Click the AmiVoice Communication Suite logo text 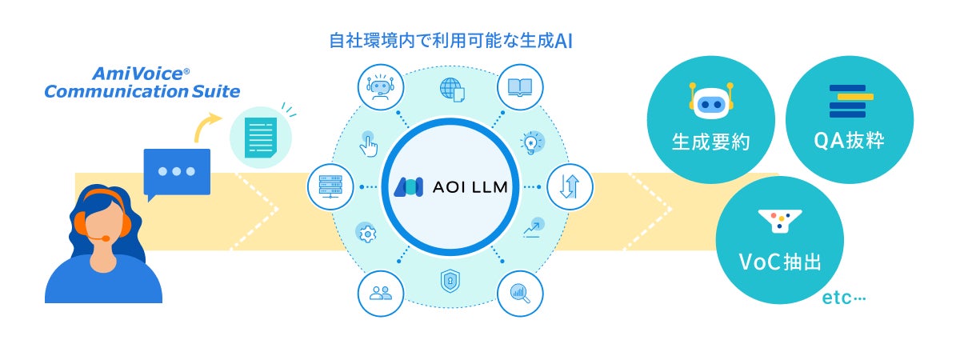pyautogui.click(x=142, y=83)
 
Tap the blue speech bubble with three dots pyautogui.click(x=177, y=172)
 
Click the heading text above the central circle pyautogui.click(x=451, y=41)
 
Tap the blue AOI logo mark pyautogui.click(x=409, y=186)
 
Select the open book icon pyautogui.click(x=519, y=87)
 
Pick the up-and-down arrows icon pyautogui.click(x=568, y=186)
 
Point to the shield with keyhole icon pyautogui.click(x=450, y=282)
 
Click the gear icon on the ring pyautogui.click(x=367, y=234)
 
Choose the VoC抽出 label pyautogui.click(x=780, y=262)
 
